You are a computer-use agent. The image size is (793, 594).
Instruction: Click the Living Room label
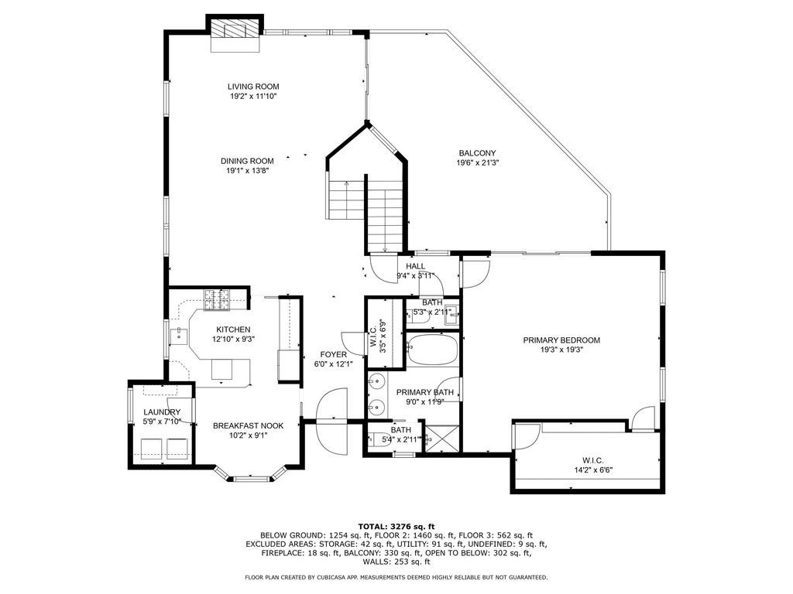(253, 87)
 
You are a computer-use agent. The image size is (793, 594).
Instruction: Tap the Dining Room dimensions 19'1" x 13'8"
(247, 171)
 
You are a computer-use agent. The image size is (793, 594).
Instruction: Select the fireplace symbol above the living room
(235, 29)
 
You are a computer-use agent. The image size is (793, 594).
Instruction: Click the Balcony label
(477, 153)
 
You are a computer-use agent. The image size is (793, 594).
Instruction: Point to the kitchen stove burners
(217, 299)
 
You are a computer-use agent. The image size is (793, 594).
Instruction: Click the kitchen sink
(180, 334)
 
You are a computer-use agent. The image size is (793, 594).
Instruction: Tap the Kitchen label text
(233, 329)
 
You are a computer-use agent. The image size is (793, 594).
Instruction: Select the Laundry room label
(162, 412)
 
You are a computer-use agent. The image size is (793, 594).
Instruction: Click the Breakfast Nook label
(249, 426)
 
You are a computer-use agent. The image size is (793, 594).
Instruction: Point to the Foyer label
(333, 354)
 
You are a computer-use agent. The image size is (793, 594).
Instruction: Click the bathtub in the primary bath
(432, 349)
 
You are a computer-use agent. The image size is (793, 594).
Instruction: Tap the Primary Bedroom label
(561, 340)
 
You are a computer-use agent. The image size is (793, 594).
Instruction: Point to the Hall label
(416, 266)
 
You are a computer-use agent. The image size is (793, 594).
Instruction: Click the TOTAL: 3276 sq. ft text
(396, 526)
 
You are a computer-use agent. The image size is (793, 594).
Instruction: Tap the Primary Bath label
(425, 392)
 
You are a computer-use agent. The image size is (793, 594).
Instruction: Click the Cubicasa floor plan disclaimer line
(396, 577)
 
